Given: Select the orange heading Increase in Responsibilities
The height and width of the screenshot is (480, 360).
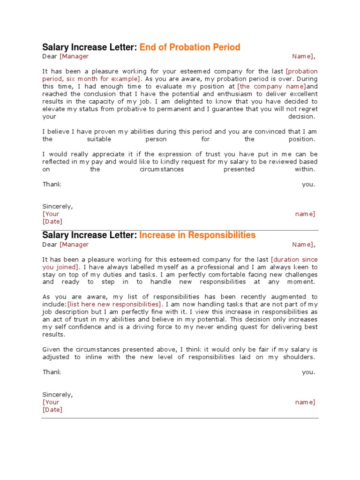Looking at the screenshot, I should pyautogui.click(x=197, y=235).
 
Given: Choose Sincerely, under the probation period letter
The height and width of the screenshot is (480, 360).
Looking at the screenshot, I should pyautogui.click(x=58, y=206).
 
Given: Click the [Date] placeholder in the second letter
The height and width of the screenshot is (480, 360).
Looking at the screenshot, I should pyautogui.click(x=52, y=409).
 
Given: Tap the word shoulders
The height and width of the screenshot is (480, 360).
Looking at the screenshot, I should pyautogui.click(x=299, y=357).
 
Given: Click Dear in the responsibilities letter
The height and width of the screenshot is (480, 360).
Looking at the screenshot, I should pyautogui.click(x=50, y=244).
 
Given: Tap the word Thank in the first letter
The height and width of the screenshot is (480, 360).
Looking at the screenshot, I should pyautogui.click(x=52, y=184).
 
